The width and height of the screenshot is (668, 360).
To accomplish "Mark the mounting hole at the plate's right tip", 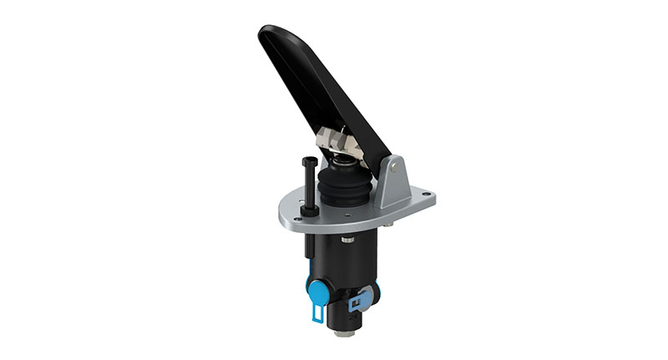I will click(427, 197).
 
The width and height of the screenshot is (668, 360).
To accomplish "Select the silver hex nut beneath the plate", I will click(347, 240).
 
